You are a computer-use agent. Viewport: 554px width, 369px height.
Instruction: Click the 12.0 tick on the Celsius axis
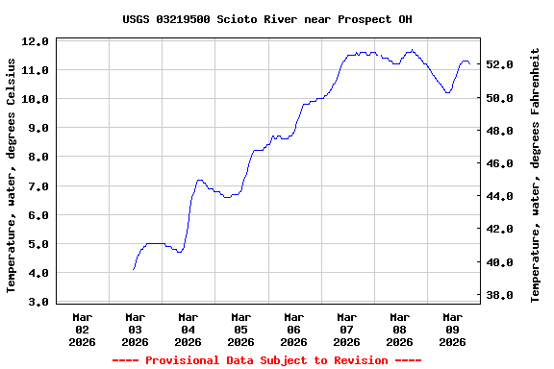[35, 41]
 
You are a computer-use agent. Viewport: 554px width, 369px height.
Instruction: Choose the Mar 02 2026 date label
[83, 329]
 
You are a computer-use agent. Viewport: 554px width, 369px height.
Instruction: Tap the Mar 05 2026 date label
[240, 329]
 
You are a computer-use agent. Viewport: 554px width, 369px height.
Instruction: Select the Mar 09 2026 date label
[452, 329]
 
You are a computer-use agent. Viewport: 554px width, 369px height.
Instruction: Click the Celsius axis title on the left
[12, 175]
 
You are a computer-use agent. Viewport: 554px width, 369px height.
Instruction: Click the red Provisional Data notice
[266, 360]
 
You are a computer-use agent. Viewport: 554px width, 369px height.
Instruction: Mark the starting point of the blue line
[133, 270]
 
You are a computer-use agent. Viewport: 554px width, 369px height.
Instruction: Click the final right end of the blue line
[469, 62]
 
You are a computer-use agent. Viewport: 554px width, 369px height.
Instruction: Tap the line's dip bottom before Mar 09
[447, 92]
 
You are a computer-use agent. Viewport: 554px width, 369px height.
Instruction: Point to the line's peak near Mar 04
[199, 180]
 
